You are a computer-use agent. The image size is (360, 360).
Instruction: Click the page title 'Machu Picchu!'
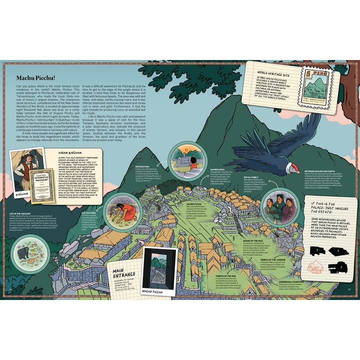pos(36,78)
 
